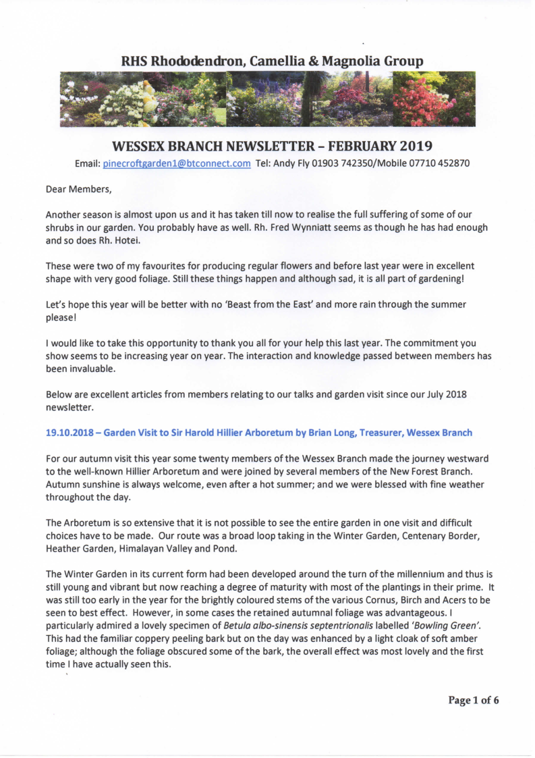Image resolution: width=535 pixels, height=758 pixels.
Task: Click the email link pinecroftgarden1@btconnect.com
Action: tap(177, 163)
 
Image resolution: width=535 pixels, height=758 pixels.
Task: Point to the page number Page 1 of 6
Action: tap(474, 700)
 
